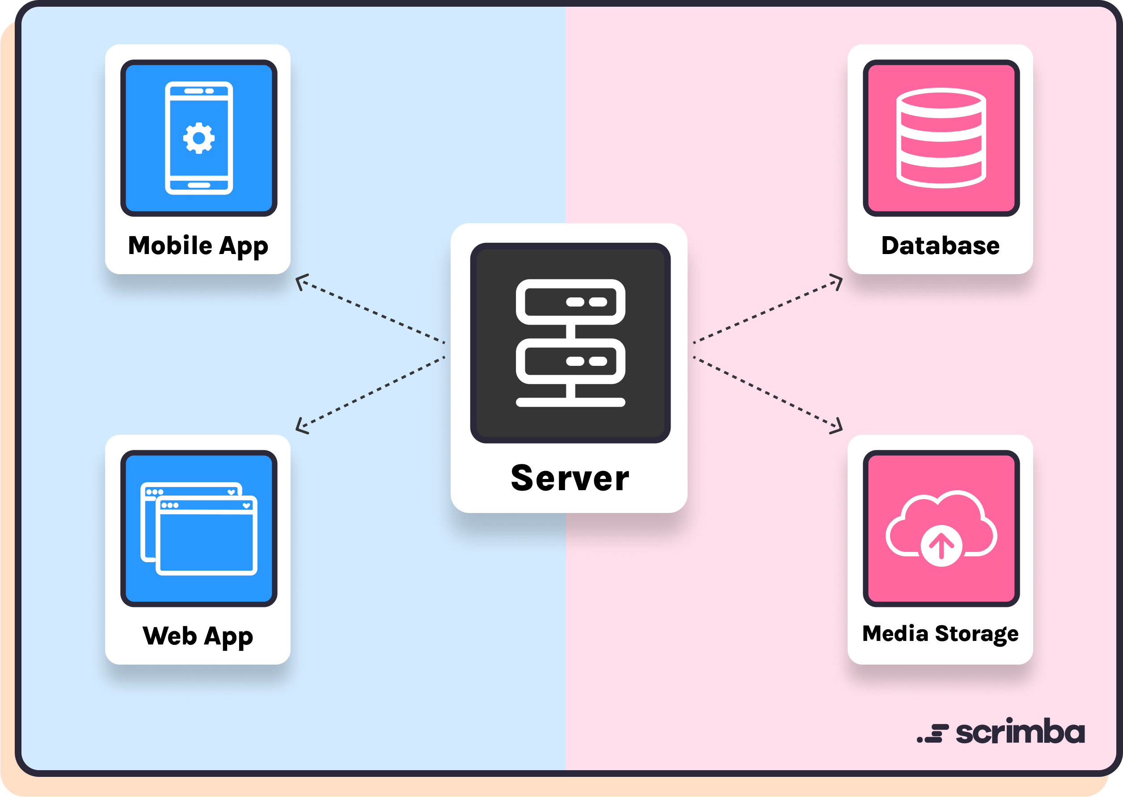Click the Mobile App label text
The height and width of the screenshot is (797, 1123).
click(198, 246)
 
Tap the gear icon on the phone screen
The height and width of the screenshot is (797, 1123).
click(198, 138)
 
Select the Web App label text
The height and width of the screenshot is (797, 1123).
click(198, 636)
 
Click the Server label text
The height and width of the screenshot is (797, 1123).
click(570, 478)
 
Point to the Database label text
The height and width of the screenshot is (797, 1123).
click(940, 246)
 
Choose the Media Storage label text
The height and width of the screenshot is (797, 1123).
click(940, 633)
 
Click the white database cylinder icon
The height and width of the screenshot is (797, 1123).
click(941, 138)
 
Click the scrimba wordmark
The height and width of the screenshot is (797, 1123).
click(1020, 732)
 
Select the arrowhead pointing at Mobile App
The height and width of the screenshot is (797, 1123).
click(301, 281)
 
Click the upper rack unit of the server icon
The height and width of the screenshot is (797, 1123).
click(570, 302)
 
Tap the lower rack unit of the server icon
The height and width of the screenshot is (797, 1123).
click(570, 361)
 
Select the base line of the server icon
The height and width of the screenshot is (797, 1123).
click(570, 403)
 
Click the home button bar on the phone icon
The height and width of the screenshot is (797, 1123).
click(198, 185)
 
